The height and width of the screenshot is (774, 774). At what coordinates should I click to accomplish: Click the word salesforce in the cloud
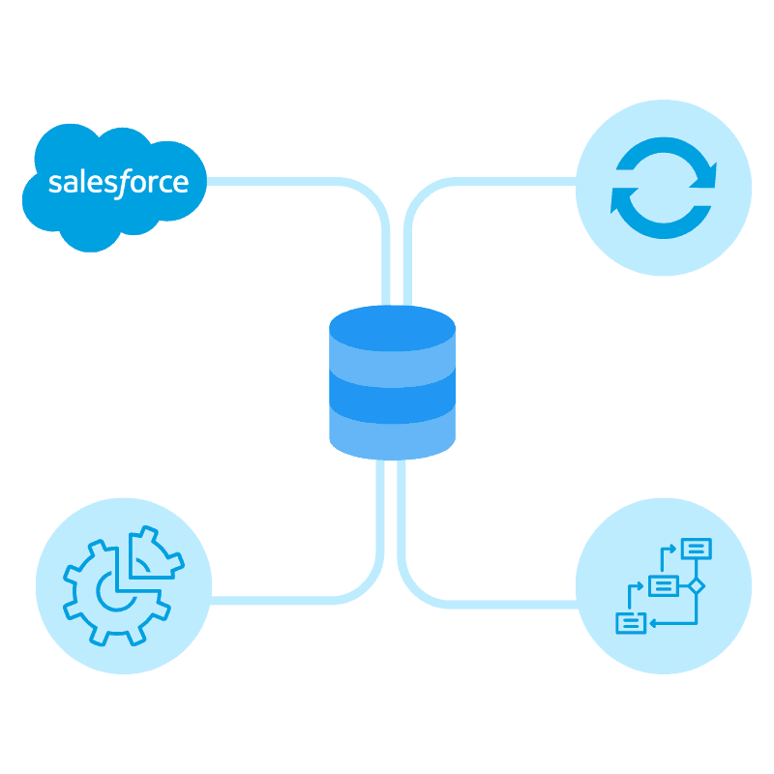[118, 183]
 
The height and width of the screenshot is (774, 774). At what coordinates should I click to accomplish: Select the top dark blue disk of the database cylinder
[392, 323]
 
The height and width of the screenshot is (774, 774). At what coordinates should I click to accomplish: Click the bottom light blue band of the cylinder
[392, 434]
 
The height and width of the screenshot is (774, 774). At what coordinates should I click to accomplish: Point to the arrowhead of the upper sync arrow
[710, 174]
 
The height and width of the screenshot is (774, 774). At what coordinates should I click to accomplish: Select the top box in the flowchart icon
[696, 548]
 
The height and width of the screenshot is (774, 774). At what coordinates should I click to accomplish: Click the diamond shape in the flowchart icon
[696, 585]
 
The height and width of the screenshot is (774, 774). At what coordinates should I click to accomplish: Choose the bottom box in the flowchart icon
[631, 623]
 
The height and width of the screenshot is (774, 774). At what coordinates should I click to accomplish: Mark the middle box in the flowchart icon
[663, 585]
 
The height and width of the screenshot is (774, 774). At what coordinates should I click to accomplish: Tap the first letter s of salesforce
[54, 184]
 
